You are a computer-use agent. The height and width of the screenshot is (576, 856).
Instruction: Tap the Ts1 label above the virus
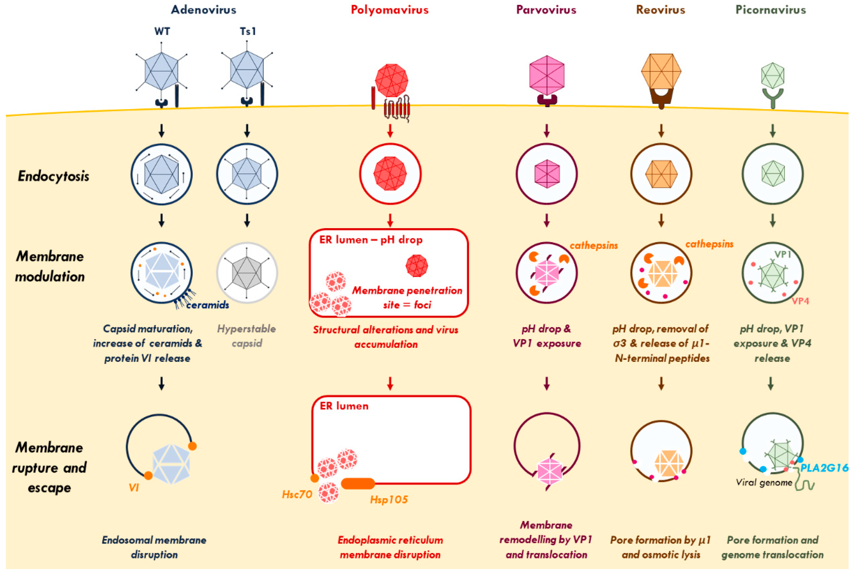(x=248, y=32)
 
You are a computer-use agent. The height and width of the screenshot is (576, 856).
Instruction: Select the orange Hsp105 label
(x=388, y=500)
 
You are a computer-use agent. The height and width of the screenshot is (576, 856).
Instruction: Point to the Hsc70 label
(x=297, y=494)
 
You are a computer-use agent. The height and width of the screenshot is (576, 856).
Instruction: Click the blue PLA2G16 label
(x=824, y=468)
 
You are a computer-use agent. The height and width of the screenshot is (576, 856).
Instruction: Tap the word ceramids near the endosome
(x=207, y=305)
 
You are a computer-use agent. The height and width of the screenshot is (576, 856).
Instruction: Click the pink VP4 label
(x=800, y=301)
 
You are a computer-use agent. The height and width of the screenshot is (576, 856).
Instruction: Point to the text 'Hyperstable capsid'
(x=247, y=336)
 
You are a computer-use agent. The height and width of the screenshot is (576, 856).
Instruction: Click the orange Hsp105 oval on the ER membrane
(x=357, y=483)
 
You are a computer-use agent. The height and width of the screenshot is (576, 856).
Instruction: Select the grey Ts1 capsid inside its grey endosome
(x=247, y=273)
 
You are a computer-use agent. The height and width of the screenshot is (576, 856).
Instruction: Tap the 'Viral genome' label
(x=764, y=483)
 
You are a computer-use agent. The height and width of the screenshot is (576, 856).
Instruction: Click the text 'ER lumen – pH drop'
(x=371, y=240)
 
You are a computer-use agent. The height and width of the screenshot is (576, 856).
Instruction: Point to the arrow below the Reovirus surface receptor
(x=661, y=130)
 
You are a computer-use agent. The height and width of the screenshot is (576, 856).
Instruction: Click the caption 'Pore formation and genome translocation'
(x=772, y=547)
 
